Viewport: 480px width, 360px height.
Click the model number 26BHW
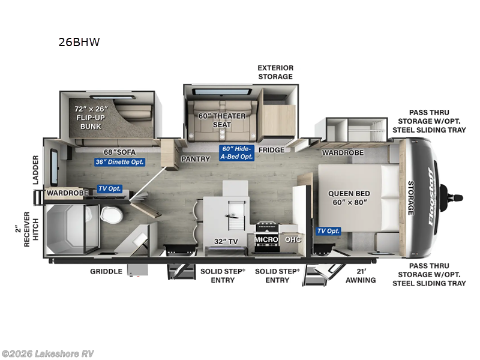click(79, 43)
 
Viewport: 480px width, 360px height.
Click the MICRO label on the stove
click(265, 239)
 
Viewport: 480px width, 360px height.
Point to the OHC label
click(293, 239)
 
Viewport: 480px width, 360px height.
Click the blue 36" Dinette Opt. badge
click(119, 161)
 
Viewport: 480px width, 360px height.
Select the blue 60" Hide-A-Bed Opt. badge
click(237, 152)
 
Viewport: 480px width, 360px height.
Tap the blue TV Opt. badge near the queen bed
click(329, 231)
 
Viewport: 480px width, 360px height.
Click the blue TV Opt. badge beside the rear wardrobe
click(109, 188)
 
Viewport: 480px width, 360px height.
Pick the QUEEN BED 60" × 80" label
click(349, 198)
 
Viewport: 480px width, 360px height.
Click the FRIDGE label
click(271, 150)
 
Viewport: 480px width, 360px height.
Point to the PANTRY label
click(196, 159)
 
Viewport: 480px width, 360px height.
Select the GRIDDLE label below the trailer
click(106, 271)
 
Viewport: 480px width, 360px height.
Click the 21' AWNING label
click(361, 275)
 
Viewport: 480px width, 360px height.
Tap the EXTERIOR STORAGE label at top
click(275, 72)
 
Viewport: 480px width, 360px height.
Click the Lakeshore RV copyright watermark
click(48, 353)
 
